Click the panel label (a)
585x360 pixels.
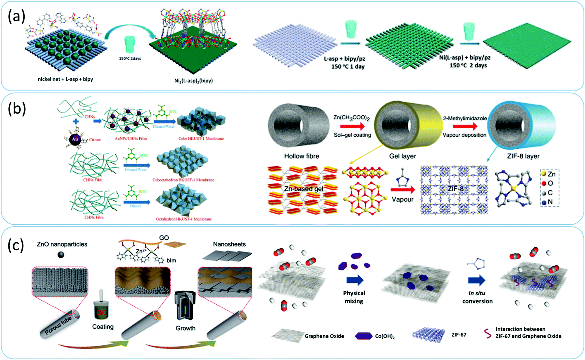tap(16, 16)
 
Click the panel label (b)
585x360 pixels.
tap(17, 109)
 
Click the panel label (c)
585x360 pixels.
tap(16, 245)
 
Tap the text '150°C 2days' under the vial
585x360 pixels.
tap(130, 59)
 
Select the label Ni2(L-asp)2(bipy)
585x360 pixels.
tap(193, 81)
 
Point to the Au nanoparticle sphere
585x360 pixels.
tap(75, 139)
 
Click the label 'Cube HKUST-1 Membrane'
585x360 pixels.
tap(201, 138)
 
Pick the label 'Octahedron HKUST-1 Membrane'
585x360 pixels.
tap(184, 219)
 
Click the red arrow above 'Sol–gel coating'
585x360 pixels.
tap(352, 126)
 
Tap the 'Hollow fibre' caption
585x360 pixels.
tap(302, 156)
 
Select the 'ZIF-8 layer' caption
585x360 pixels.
tap(523, 156)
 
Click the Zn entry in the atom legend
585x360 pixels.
tap(548, 174)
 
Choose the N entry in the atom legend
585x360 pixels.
tap(547, 202)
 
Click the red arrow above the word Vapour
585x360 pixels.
tap(403, 190)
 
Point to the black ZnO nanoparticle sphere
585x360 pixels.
tap(61, 255)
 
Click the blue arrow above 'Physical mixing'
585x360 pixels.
tap(355, 280)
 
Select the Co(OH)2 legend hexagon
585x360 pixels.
tap(363, 336)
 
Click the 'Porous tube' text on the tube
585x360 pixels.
tap(58, 325)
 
